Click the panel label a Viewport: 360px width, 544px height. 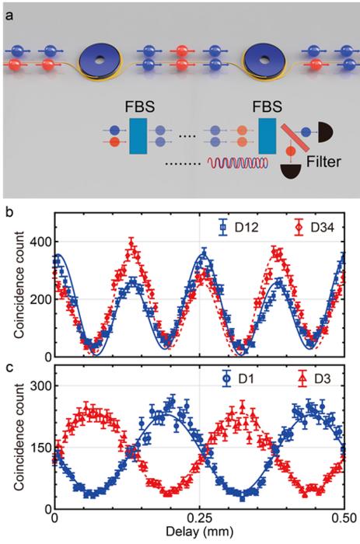[8, 9]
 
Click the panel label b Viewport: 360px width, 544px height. [8, 208]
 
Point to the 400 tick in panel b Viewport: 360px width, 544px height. [37, 242]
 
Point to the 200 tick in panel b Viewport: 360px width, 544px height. [37, 299]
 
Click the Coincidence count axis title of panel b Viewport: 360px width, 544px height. [12, 289]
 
